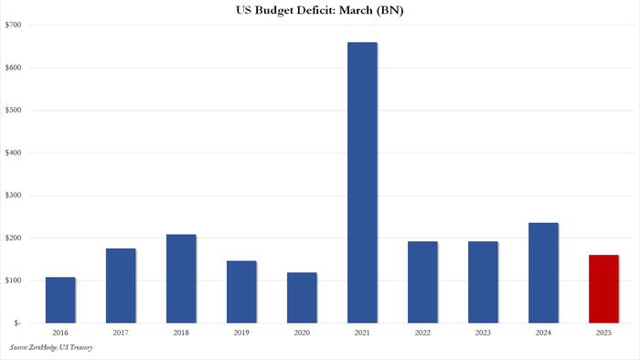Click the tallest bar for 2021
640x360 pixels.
[362, 182]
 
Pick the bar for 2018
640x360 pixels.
[181, 279]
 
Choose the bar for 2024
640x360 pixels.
[543, 272]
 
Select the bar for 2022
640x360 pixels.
[422, 281]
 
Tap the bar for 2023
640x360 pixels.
[483, 281]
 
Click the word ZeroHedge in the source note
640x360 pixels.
[48, 347]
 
